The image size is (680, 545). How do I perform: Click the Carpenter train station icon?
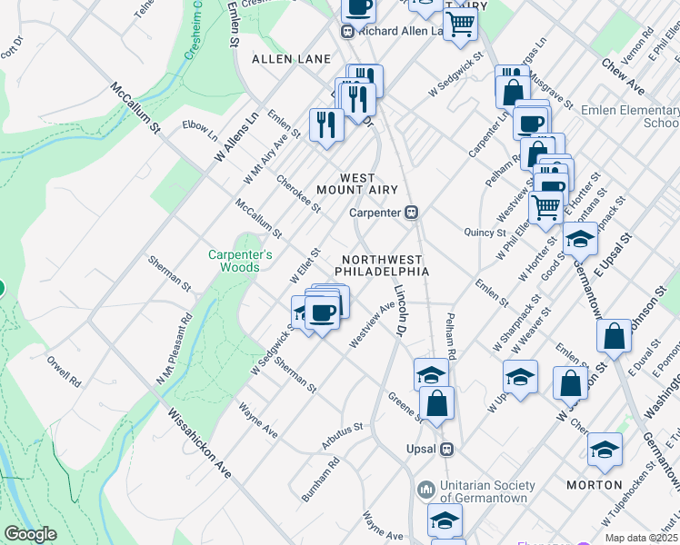coord(411,213)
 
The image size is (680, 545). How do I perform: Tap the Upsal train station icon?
coord(446,449)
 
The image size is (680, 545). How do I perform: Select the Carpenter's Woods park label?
coord(240,261)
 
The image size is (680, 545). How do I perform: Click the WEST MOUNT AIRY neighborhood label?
coord(357,183)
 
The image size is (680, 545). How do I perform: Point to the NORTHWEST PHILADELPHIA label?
coord(381,265)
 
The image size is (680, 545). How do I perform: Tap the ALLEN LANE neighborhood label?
coord(291,59)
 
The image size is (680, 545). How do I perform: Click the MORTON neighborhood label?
coord(595,485)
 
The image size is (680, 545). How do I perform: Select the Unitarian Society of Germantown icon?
coord(426,490)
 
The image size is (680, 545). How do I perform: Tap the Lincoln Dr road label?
coord(399,311)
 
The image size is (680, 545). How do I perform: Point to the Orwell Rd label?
coord(65,370)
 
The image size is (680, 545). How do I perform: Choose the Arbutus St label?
coord(342,435)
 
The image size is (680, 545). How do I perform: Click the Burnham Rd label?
coord(321,480)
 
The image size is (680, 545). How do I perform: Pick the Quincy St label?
coord(485,233)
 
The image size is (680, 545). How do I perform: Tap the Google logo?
coord(30,534)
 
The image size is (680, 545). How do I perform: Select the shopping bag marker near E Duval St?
coord(615,337)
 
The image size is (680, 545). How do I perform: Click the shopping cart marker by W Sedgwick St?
coord(460,25)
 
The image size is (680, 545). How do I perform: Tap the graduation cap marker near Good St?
coord(580,240)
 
